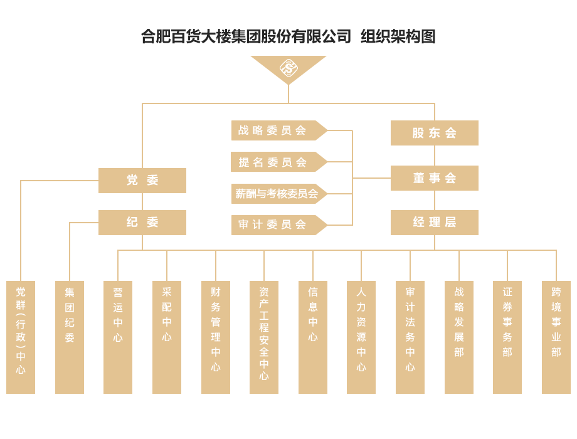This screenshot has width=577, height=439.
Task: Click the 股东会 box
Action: pyautogui.click(x=434, y=133)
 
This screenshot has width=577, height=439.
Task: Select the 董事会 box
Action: pyautogui.click(x=434, y=178)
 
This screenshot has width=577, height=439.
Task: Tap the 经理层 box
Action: pyautogui.click(x=434, y=223)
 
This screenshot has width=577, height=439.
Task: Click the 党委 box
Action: pyautogui.click(x=142, y=181)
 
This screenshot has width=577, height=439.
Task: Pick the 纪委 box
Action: pyautogui.click(x=142, y=223)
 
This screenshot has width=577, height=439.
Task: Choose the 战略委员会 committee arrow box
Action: pyautogui.click(x=276, y=130)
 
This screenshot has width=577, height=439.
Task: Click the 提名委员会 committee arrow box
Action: pyautogui.click(x=276, y=162)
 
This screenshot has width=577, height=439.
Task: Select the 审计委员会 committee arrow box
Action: pyautogui.click(x=276, y=225)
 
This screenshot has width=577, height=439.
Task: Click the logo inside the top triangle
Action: pyautogui.click(x=288, y=67)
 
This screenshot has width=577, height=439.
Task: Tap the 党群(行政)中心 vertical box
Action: pyautogui.click(x=21, y=337)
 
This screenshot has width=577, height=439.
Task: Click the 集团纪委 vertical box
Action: pyautogui.click(x=70, y=337)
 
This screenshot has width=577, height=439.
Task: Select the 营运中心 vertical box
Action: pyautogui.click(x=118, y=337)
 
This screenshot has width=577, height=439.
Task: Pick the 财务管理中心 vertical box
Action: pyautogui.click(x=216, y=337)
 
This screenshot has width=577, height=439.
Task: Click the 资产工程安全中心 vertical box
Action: pyautogui.click(x=264, y=337)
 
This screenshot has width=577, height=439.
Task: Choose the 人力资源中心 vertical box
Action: pyautogui.click(x=361, y=337)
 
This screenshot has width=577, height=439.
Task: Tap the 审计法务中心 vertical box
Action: pyautogui.click(x=410, y=337)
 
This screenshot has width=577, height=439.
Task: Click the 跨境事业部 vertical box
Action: pyautogui.click(x=556, y=337)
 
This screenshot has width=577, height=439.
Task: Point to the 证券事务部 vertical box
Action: pyautogui.click(x=507, y=337)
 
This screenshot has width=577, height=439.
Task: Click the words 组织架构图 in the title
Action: pyautogui.click(x=398, y=36)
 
